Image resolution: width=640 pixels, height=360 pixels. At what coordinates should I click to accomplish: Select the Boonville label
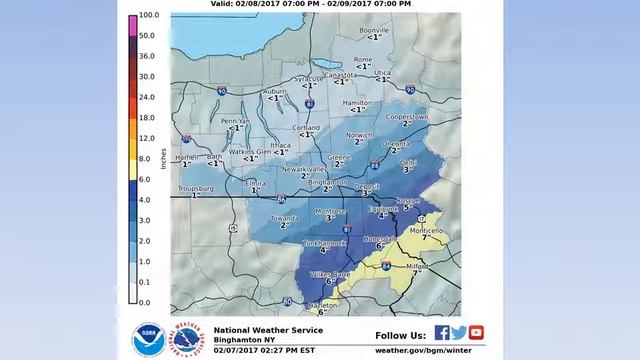[372, 29]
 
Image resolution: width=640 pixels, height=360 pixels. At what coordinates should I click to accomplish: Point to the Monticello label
[424, 230]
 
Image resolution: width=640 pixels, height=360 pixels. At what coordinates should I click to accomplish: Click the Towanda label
[284, 217]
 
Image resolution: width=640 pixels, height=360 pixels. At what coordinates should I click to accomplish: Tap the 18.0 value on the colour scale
[146, 117]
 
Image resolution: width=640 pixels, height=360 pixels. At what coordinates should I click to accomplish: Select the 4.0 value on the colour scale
[146, 199]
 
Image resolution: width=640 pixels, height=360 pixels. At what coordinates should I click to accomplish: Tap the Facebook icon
[442, 333]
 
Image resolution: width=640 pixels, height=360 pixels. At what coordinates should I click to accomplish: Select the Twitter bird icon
[459, 333]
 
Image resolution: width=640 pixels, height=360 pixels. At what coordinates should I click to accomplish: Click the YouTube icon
[476, 333]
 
